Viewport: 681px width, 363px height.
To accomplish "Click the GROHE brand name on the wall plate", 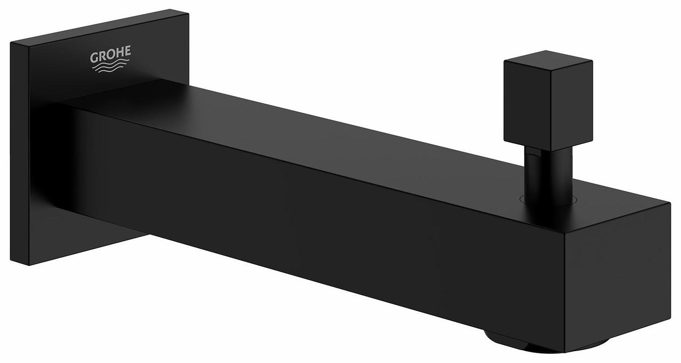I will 110,54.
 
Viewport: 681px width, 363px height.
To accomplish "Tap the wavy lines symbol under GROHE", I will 110,67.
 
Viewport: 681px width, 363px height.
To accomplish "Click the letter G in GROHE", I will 94,57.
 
